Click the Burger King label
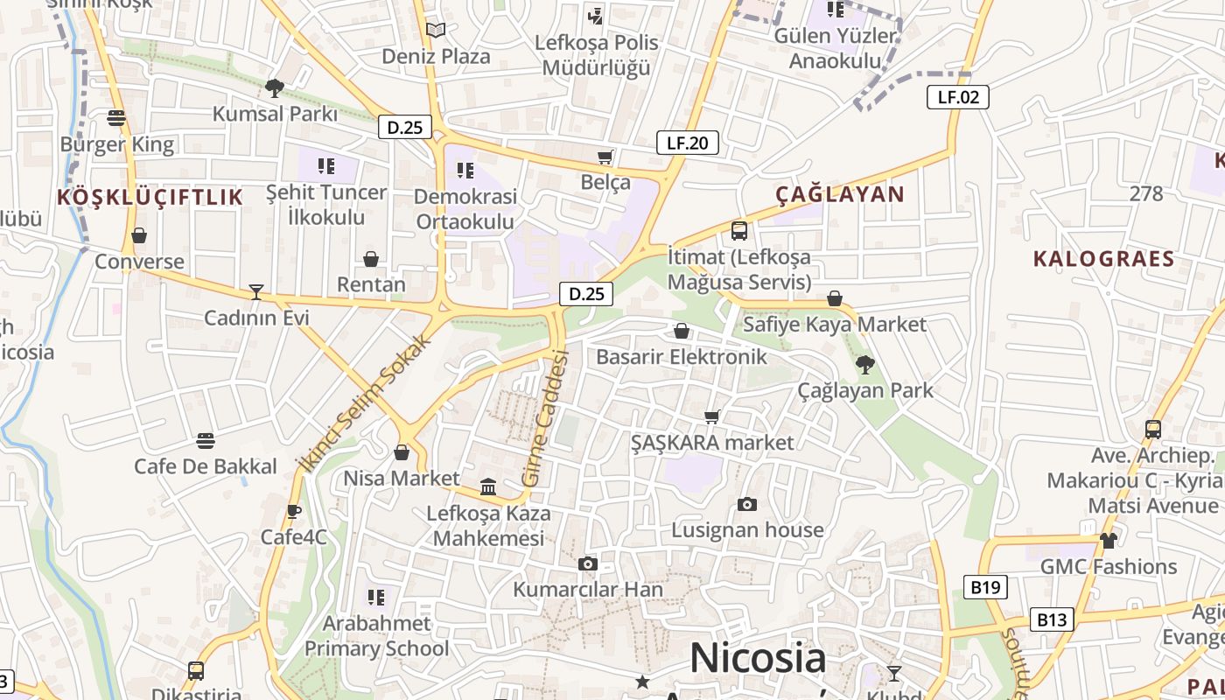point(117,144)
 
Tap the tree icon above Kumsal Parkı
point(274,87)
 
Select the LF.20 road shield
point(687,143)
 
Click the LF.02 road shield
point(958,97)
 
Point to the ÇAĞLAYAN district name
point(840,194)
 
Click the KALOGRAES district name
point(1103,259)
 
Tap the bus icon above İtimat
point(739,231)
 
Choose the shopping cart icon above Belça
point(605,157)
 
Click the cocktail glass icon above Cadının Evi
point(256,291)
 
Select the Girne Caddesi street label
point(546,418)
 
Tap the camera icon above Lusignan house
point(746,504)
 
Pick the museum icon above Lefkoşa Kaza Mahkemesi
point(488,486)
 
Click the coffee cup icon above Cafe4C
point(294,511)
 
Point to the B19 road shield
point(985,587)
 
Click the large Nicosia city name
point(758,658)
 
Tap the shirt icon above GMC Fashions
point(1108,541)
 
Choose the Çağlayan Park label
point(865,390)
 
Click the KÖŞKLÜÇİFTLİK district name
point(150,198)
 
